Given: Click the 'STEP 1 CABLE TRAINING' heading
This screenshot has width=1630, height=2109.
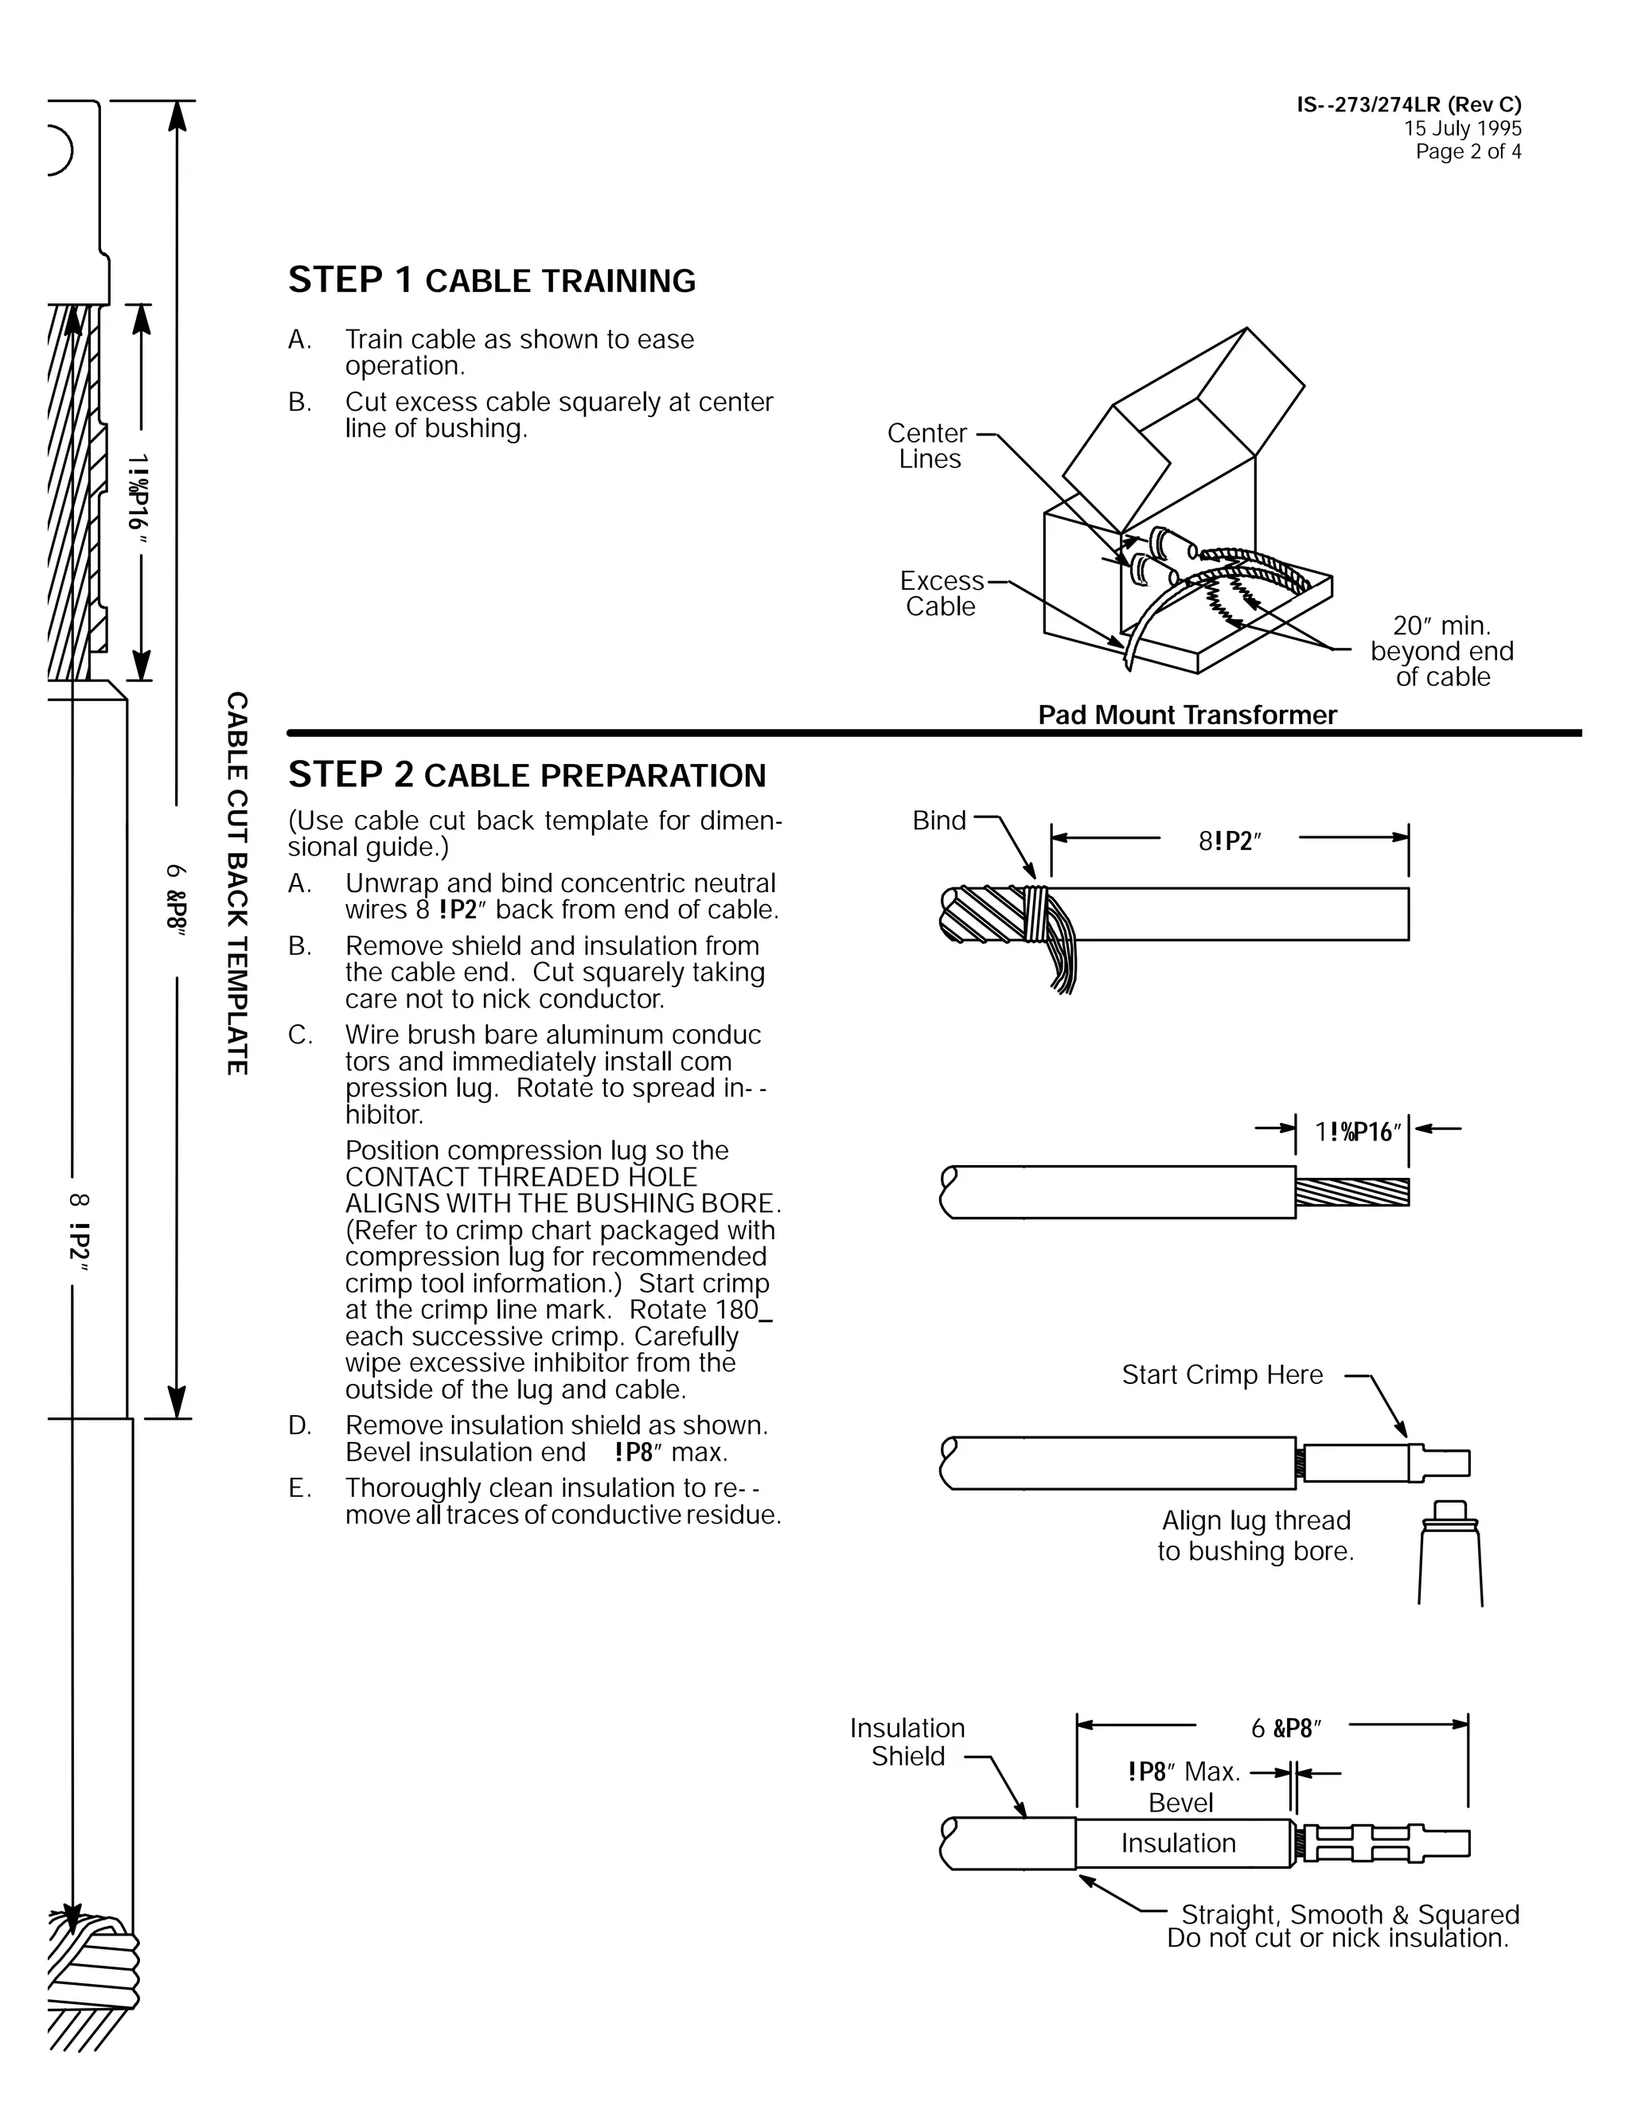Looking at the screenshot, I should click(492, 280).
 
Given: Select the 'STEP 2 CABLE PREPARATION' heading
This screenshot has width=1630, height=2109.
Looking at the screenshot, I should click(526, 774).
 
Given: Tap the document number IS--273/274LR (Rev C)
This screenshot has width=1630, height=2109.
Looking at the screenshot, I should click(1408, 105).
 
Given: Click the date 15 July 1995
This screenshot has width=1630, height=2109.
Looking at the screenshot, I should click(1462, 128).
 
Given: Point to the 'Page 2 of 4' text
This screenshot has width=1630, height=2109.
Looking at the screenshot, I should click(1468, 151).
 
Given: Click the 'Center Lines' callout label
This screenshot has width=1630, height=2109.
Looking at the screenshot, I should click(928, 446).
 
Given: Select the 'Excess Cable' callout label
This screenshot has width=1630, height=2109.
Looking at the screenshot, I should click(942, 593).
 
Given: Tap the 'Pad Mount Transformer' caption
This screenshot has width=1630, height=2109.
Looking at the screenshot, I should click(1187, 715).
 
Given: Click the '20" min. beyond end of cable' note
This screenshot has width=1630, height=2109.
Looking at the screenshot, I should click(1441, 651).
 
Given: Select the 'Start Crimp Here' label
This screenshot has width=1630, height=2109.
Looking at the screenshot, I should click(1222, 1374).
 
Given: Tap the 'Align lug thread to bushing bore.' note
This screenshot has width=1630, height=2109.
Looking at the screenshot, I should click(1256, 1535).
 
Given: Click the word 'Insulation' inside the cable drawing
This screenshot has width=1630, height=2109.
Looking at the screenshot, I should click(1178, 1843).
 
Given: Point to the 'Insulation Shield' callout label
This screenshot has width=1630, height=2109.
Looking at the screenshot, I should click(907, 1742).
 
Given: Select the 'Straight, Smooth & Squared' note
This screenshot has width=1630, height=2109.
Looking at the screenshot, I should click(1350, 1914).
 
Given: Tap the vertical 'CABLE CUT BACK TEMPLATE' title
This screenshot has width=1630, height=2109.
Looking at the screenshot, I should click(236, 883).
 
